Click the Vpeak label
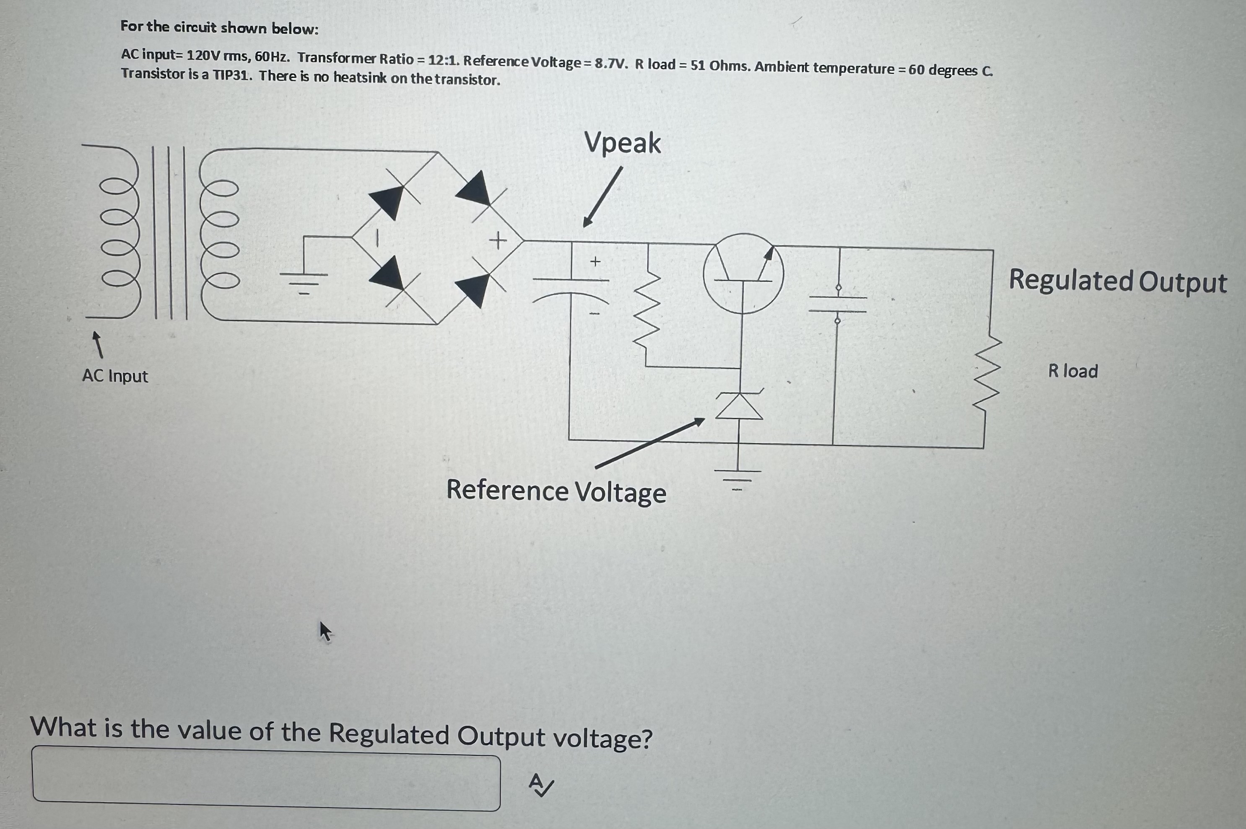pyautogui.click(x=622, y=143)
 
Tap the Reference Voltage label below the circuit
pyautogui.click(x=556, y=491)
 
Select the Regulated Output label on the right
pyautogui.click(x=1117, y=281)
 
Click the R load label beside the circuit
pyautogui.click(x=1073, y=371)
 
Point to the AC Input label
pyautogui.click(x=115, y=376)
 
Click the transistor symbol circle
pyautogui.click(x=743, y=274)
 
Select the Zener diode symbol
pyautogui.click(x=740, y=406)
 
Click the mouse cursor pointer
pyautogui.click(x=325, y=631)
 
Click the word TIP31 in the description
pyautogui.click(x=232, y=75)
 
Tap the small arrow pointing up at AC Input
pyautogui.click(x=97, y=344)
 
